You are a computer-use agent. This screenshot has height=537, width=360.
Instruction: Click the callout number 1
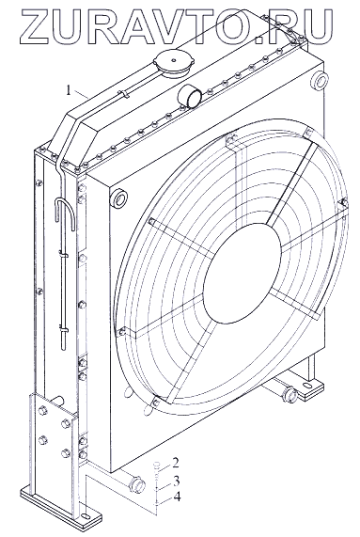[x=69, y=90]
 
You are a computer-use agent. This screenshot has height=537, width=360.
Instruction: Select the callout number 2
[x=175, y=463]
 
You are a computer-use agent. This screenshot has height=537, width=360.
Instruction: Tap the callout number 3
[x=176, y=481]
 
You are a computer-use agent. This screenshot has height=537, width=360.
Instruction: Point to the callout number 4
[x=177, y=497]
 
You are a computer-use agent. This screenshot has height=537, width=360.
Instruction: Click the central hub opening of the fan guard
[x=242, y=273]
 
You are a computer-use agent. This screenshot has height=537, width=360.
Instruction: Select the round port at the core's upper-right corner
[x=321, y=82]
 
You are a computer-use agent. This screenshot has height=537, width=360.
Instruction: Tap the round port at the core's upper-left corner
[x=119, y=197]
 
